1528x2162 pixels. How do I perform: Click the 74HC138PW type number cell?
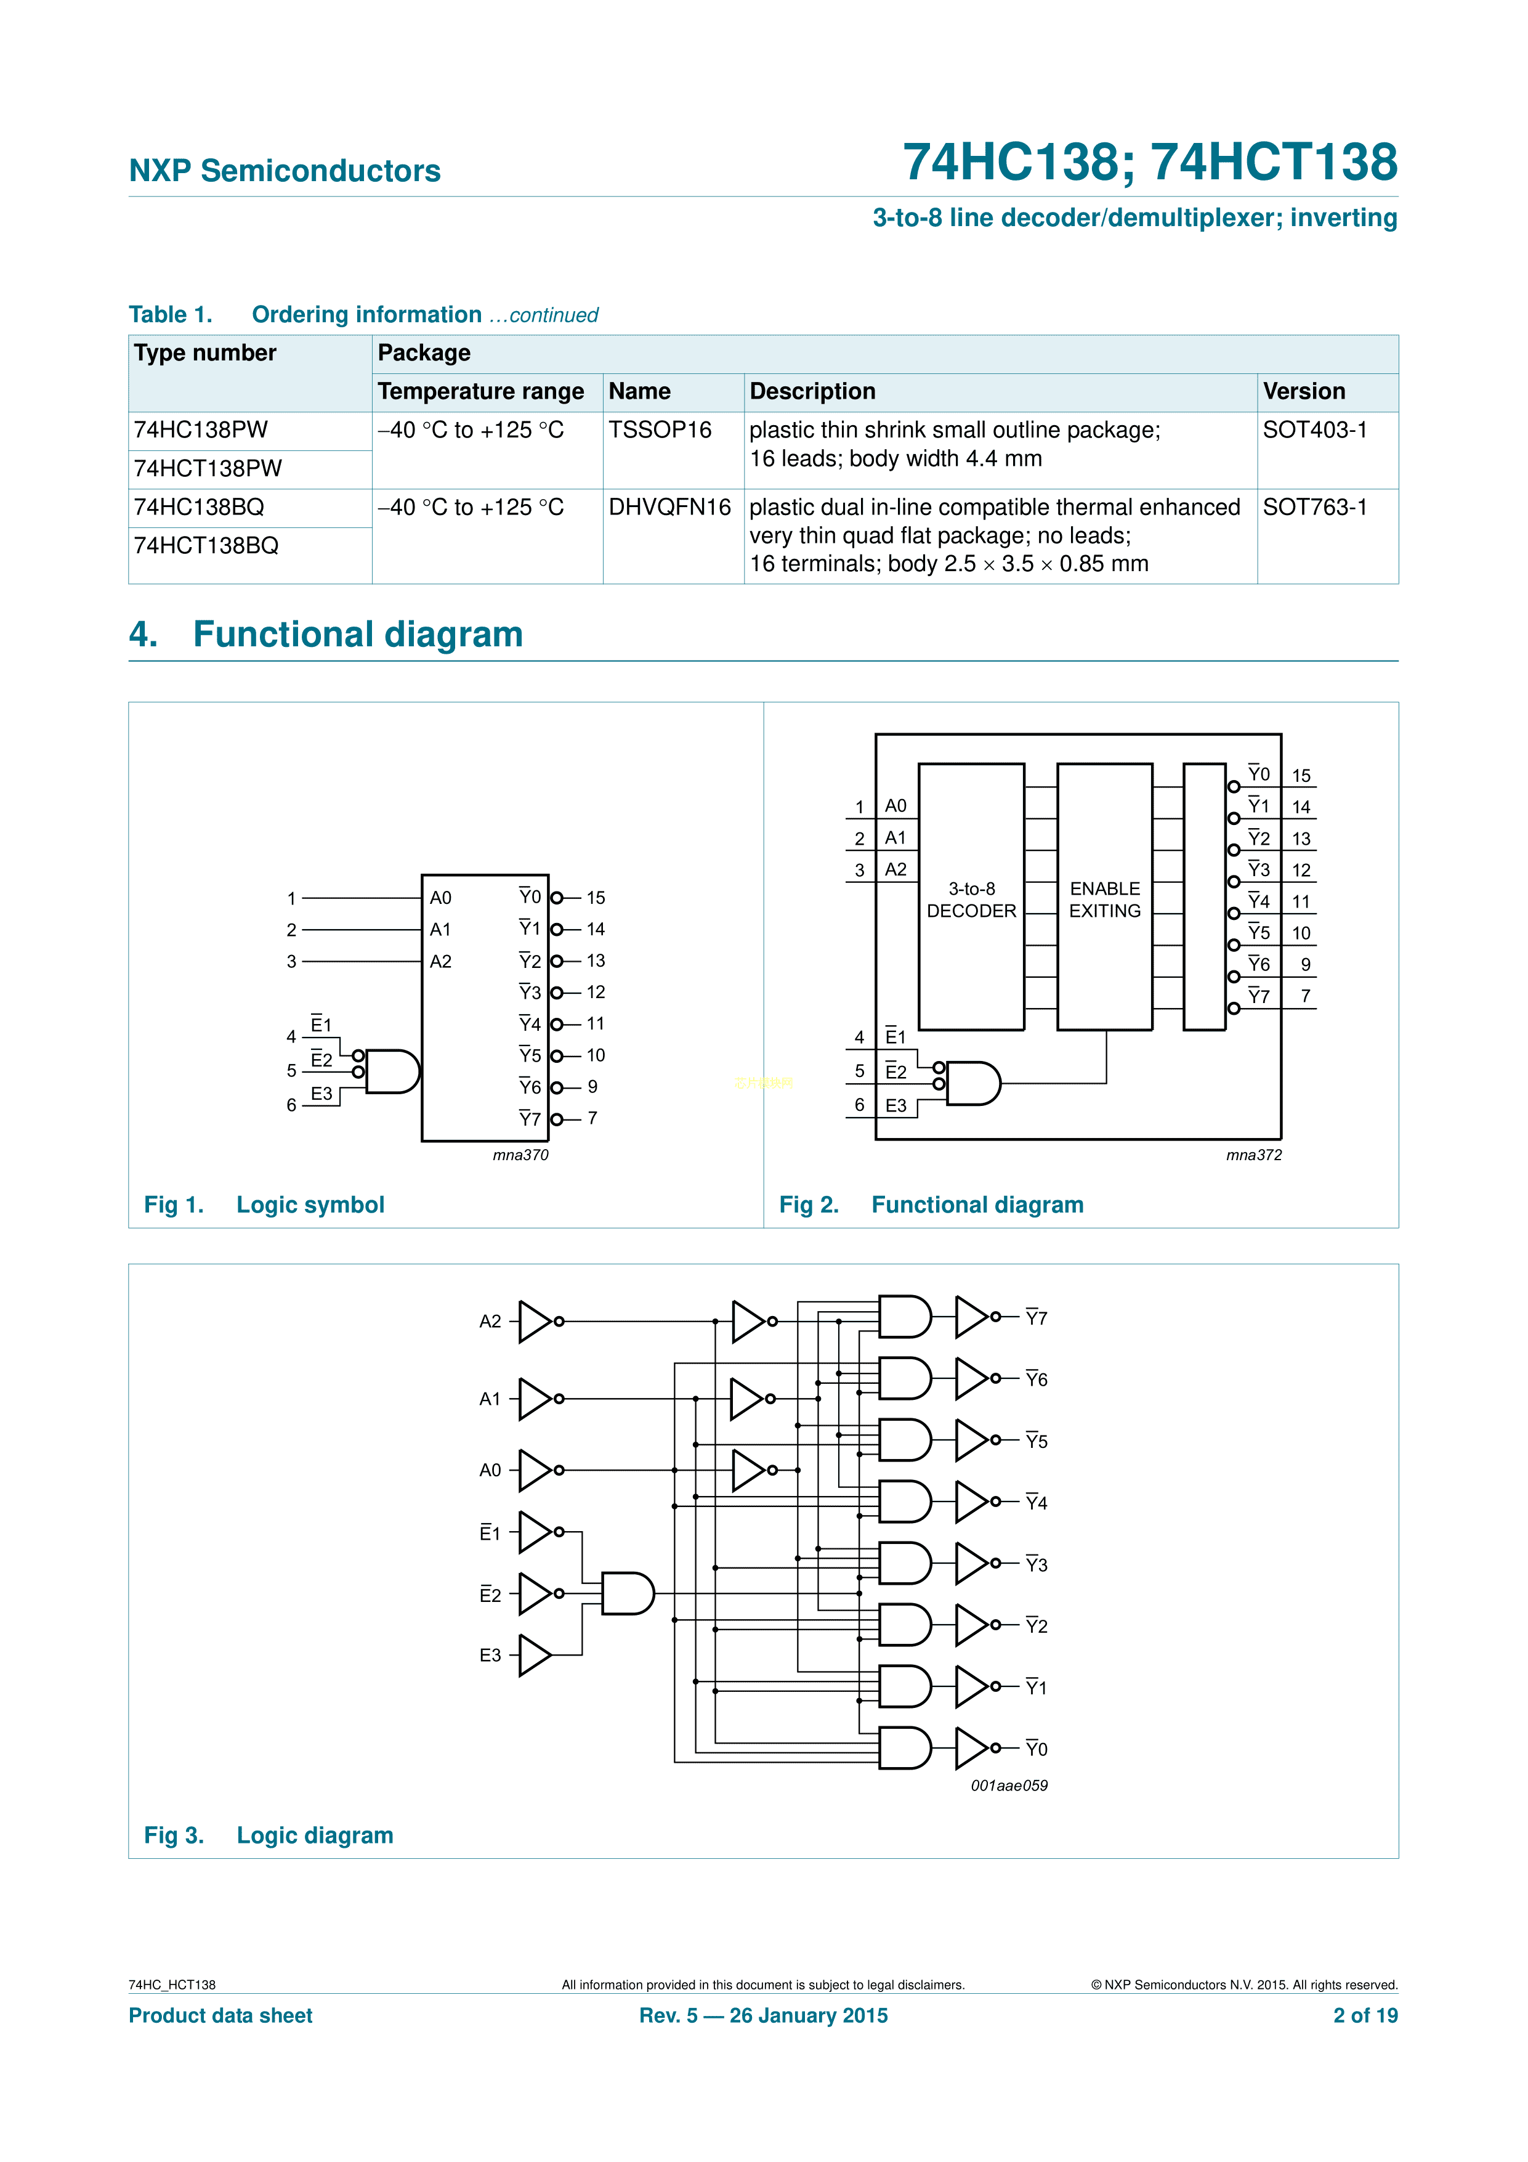click(x=201, y=430)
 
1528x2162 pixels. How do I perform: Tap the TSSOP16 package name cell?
click(x=660, y=430)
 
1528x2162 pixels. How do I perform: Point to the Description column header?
click(x=812, y=392)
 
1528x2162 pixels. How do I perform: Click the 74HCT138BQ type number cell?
click(x=206, y=546)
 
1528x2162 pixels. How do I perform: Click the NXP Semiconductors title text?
click(x=285, y=171)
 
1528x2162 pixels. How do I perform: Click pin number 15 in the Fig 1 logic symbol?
click(x=595, y=898)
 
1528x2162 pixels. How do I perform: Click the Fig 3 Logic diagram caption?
click(x=269, y=1835)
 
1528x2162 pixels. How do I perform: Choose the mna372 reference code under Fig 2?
click(x=1253, y=1155)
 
